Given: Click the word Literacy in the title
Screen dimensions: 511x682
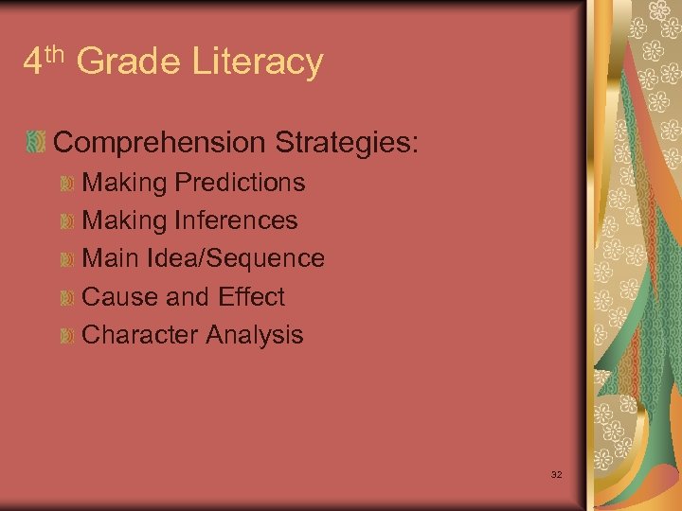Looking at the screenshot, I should pos(258,63).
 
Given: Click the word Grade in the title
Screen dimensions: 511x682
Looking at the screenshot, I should pos(129,62).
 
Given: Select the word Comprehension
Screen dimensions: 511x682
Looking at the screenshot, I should pos(160,143).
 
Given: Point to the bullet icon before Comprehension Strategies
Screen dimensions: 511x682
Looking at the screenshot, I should pos(35,143).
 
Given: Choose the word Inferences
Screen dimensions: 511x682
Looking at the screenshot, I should pos(236,220).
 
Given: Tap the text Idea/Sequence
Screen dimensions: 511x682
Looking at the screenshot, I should pos(237,258).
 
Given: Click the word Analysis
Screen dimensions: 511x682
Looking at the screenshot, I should pos(255,334).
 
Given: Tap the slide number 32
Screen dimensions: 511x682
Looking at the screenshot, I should pos(556,473).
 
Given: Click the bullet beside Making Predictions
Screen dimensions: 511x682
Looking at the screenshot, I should pos(65,183).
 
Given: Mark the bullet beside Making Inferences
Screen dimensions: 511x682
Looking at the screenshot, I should pos(65,220).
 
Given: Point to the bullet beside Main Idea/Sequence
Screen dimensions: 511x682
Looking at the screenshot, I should pos(65,258).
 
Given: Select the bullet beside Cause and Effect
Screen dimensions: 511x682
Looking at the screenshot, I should pos(65,297).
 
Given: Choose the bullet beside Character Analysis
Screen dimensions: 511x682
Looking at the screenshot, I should pos(65,335).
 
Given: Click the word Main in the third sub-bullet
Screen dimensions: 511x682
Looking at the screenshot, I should pos(106,258).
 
